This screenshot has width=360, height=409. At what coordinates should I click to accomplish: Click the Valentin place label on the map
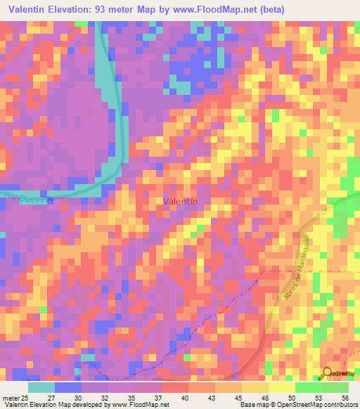(x=179, y=202)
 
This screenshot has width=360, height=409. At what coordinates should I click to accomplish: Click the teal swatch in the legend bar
(x=41, y=387)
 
